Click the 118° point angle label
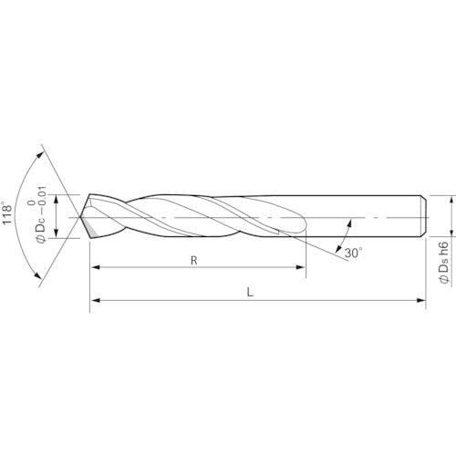[6, 212]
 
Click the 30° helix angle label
[353, 253]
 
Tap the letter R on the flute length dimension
[194, 261]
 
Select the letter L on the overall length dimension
[250, 293]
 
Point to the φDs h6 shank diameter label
[444, 263]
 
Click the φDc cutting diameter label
[40, 227]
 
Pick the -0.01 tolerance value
[42, 199]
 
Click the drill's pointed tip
[80, 217]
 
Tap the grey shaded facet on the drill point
[91, 230]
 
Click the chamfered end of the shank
[423, 216]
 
